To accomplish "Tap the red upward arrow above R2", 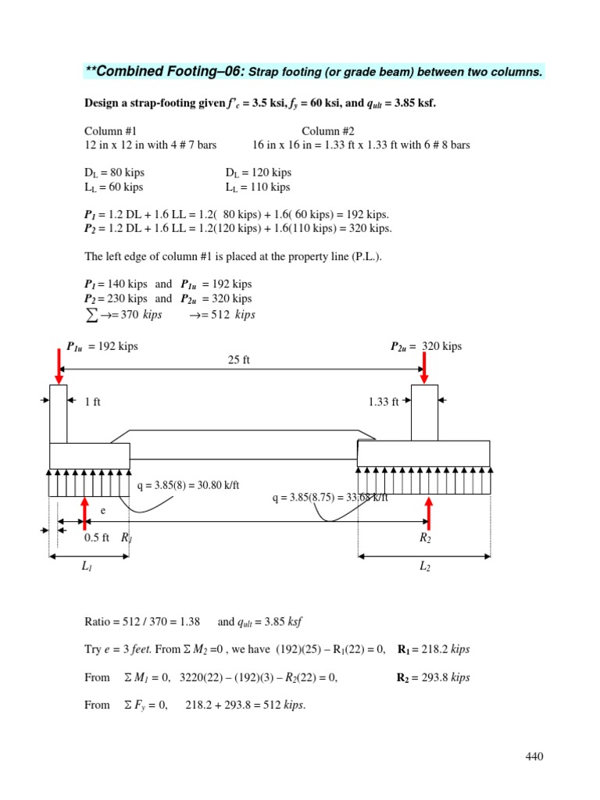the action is [428, 512].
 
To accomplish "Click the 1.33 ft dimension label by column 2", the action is [384, 402].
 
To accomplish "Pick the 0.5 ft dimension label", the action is [97, 538].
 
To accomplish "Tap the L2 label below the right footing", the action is [425, 567].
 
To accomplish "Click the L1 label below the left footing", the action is [86, 567].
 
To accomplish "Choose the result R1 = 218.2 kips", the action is [434, 649].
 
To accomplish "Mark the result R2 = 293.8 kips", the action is [434, 677].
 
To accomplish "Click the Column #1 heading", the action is [110, 131].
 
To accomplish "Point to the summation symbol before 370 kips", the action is [92, 314].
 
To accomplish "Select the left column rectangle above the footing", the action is [59, 413].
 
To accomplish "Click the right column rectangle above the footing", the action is [424, 412].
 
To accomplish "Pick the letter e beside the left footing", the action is [103, 509].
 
